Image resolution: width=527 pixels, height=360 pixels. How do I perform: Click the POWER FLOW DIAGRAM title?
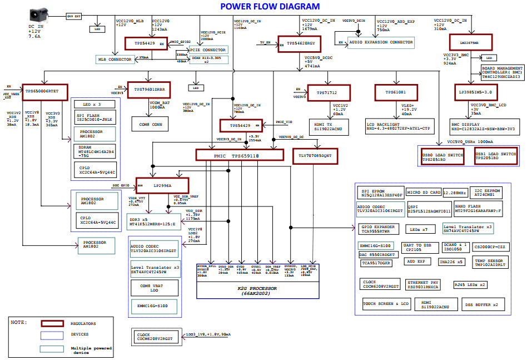270,7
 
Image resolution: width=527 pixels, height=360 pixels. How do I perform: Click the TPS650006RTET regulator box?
45,91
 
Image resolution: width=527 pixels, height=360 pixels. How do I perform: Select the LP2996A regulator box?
162,186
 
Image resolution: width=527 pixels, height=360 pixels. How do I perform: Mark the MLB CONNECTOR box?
113,59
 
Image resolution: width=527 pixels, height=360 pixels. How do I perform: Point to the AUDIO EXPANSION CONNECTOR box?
381,42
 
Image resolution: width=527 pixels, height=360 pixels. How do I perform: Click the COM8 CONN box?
150,125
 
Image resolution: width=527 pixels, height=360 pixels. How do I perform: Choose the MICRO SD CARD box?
424,192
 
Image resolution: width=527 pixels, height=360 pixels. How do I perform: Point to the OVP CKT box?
74,17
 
